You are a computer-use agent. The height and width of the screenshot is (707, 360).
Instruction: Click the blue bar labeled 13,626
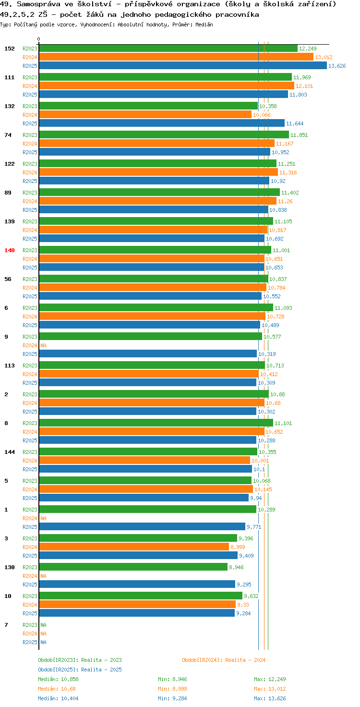[183, 66]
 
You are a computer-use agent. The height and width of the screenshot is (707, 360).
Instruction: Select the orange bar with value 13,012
[176, 57]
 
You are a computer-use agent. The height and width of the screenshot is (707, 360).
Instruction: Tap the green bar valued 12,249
[168, 49]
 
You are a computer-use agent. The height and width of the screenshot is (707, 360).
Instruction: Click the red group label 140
[10, 250]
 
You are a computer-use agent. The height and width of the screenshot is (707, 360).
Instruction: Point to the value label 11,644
[295, 123]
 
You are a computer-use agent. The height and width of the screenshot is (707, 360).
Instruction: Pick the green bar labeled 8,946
[133, 567]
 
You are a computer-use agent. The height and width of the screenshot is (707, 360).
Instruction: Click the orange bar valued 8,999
[134, 547]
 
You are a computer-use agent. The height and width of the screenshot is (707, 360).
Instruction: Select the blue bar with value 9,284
[137, 613]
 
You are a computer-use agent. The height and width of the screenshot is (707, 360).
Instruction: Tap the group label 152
[10, 49]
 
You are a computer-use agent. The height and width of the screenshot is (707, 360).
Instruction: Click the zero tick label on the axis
[38, 39]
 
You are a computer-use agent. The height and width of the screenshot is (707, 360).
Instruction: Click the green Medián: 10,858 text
[59, 679]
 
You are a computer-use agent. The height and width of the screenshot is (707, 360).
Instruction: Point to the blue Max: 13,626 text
[270, 698]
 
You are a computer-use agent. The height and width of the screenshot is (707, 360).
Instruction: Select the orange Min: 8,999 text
[173, 689]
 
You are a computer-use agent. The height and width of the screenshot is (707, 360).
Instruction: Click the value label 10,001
[260, 461]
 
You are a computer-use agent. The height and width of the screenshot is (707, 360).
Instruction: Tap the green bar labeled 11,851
[164, 135]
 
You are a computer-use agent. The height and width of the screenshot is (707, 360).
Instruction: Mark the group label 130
[10, 567]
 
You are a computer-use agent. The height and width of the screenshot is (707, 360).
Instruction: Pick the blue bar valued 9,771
[142, 527]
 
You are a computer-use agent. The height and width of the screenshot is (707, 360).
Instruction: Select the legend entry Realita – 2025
[101, 670]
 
